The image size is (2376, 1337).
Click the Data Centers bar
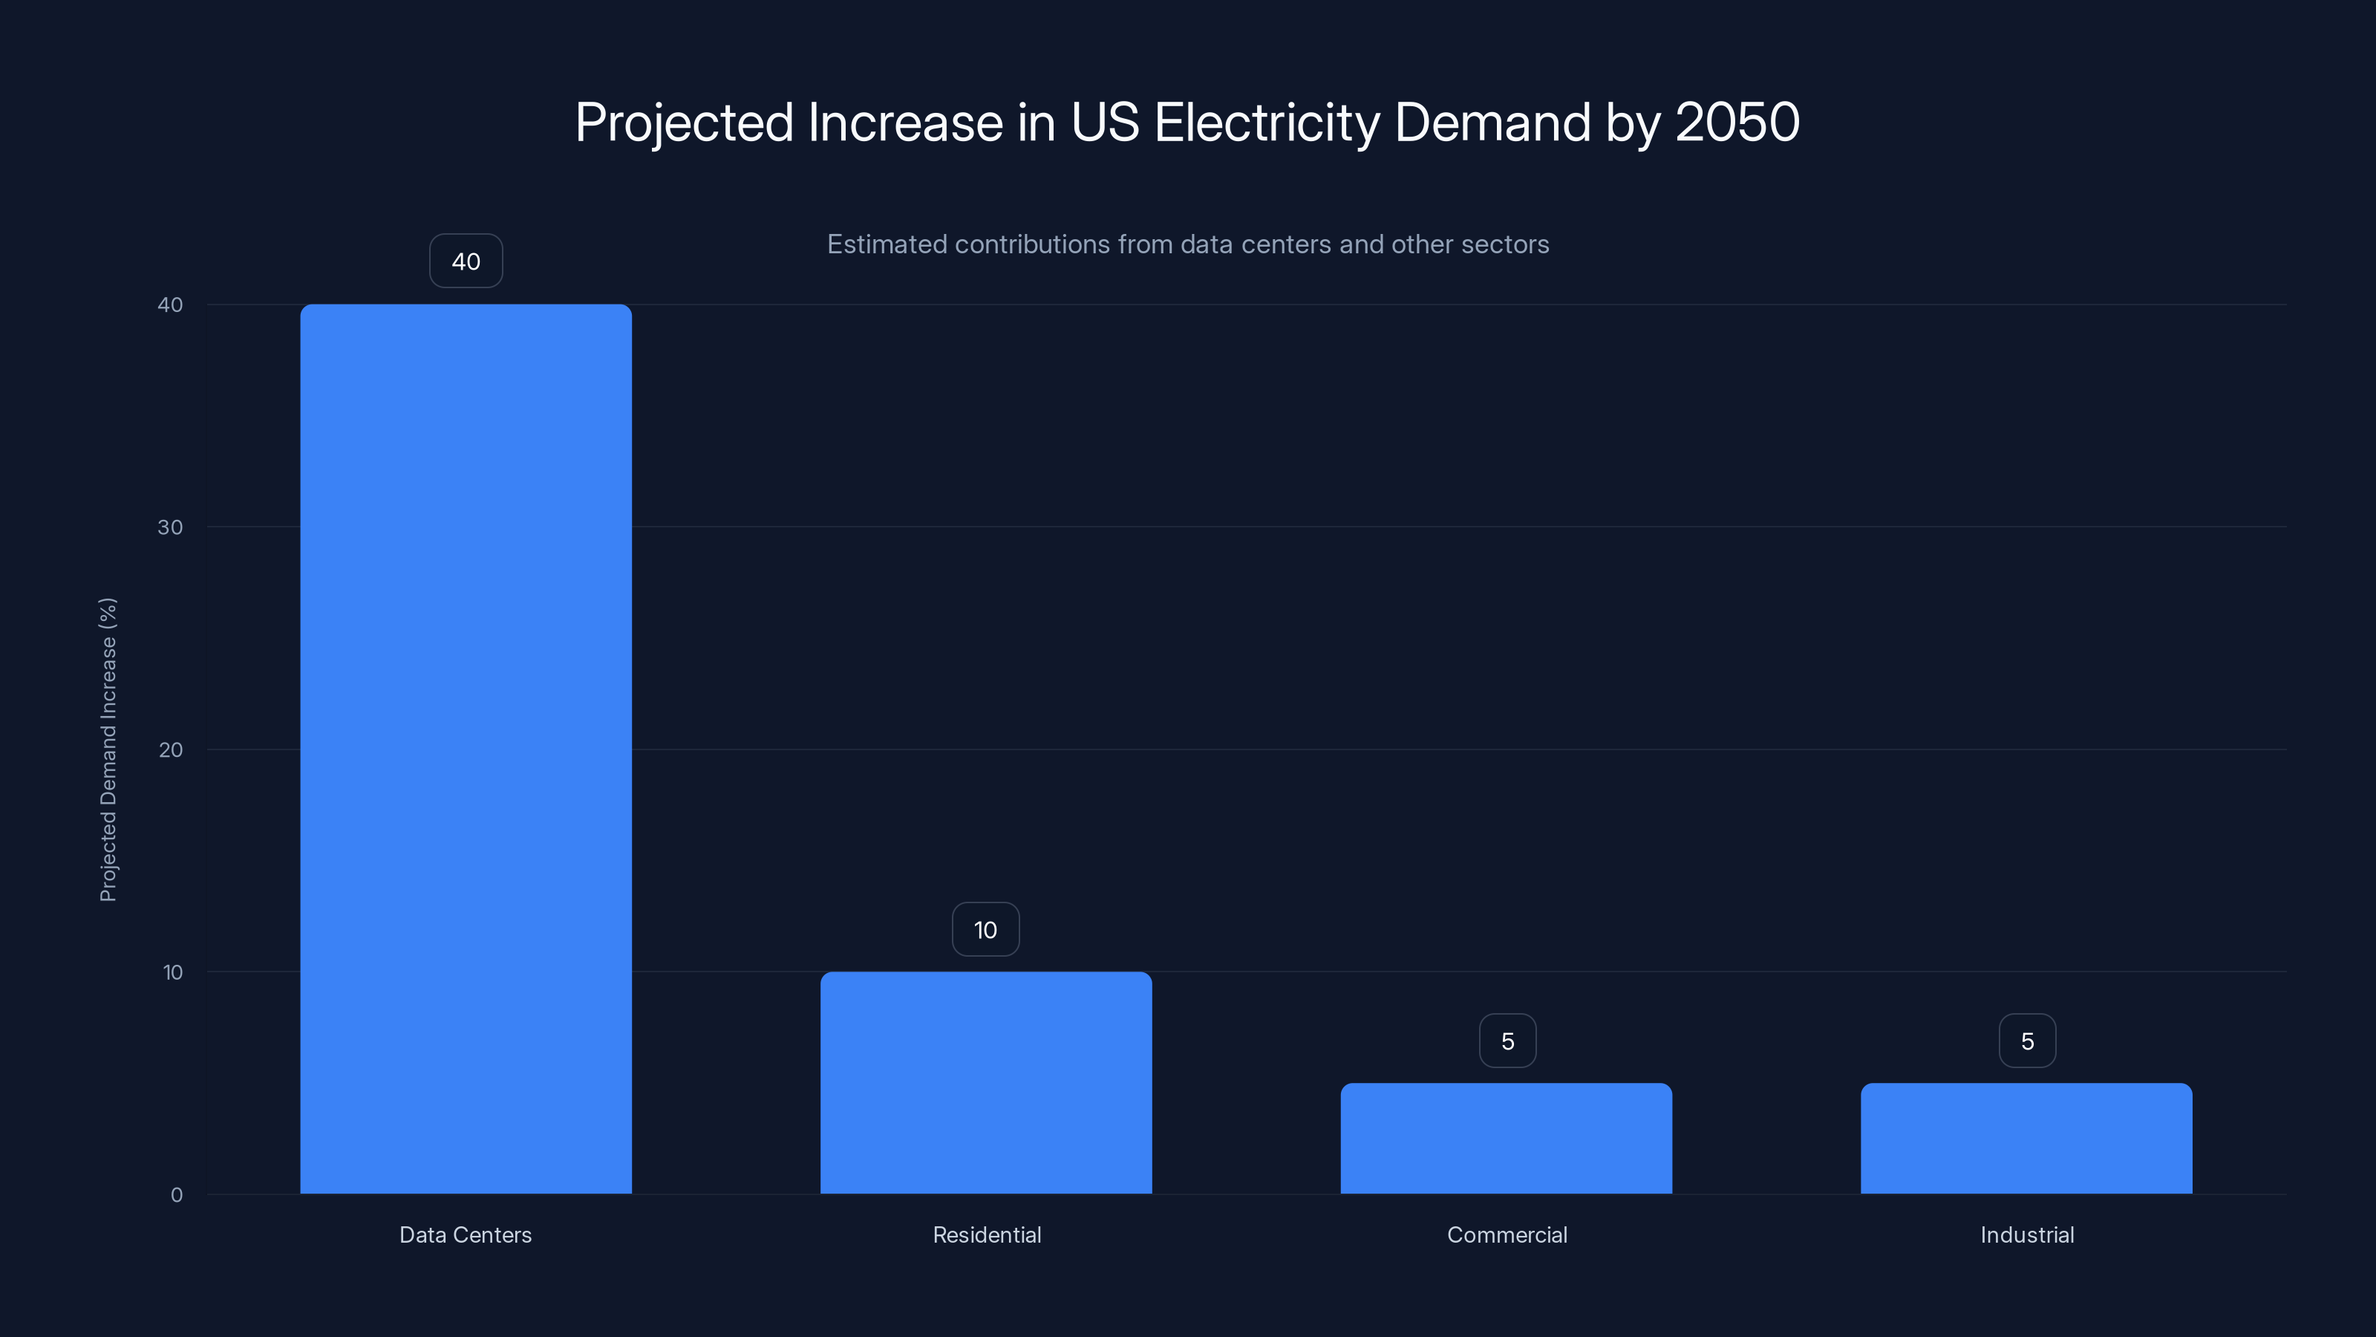tap(466, 748)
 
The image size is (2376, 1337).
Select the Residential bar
tap(986, 1082)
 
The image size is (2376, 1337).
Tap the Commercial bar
tap(1507, 1138)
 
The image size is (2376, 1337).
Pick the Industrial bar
tap(2026, 1138)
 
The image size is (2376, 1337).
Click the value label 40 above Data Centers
tap(466, 261)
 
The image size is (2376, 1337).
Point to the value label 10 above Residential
tap(985, 929)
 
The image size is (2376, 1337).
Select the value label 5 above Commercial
tap(1507, 1041)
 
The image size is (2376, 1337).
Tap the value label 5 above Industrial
tap(2026, 1041)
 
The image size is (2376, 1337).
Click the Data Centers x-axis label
tap(465, 1234)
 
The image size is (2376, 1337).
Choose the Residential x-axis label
tap(986, 1234)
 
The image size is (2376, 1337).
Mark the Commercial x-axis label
tap(1507, 1234)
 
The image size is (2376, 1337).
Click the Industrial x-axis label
tap(2026, 1234)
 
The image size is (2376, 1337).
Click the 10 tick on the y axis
tap(172, 972)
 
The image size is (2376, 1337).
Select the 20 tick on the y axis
tap(171, 749)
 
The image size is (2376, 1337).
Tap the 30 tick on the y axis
tap(171, 527)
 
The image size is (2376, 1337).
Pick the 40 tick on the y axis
tap(171, 305)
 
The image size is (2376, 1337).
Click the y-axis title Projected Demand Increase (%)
tap(108, 749)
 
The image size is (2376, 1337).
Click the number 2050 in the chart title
tap(1737, 122)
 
